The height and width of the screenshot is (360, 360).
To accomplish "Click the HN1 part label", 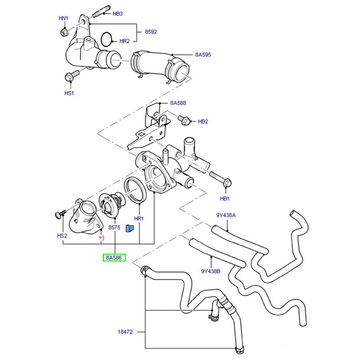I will (63, 18).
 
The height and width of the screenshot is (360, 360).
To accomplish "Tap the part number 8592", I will (151, 32).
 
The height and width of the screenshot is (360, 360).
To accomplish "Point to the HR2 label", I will (124, 41).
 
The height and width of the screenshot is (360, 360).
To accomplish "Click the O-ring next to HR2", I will (107, 39).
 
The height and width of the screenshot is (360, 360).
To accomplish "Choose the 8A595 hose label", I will (203, 54).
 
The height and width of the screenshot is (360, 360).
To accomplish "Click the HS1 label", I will (69, 93).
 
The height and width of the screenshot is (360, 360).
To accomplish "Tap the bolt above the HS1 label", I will (70, 77).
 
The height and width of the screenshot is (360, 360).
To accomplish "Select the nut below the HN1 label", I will (63, 32).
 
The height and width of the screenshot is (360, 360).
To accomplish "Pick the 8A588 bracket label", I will (178, 103).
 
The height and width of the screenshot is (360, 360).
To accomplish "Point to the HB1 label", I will (225, 198).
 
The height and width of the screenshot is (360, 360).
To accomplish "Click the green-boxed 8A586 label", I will (115, 258).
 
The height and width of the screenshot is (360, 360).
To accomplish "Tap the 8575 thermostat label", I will (114, 228).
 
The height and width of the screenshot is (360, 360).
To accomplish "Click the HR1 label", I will (139, 218).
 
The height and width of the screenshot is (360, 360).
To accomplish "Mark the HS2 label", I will (62, 235).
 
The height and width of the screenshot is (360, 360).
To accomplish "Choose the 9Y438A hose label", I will (225, 215).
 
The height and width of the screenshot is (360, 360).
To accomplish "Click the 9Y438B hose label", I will (211, 271).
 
